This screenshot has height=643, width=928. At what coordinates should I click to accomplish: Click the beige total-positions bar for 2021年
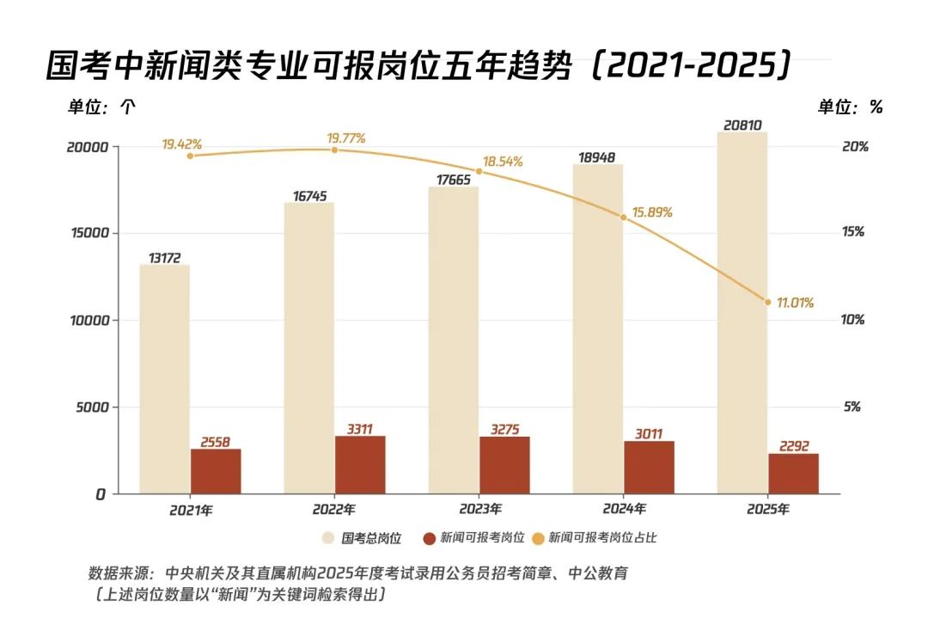tap(165, 378)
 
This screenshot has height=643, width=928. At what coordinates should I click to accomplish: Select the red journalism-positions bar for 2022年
tap(360, 464)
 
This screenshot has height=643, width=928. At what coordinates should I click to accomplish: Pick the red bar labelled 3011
tap(649, 467)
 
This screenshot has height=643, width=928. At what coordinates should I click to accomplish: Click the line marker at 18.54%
tap(479, 172)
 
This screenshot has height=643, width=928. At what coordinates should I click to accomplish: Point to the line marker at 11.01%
tap(768, 301)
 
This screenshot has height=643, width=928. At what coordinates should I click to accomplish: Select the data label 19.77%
tap(346, 138)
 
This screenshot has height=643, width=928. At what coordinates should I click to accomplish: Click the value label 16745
tap(309, 196)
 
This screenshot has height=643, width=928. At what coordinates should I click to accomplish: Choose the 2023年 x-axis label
tap(479, 510)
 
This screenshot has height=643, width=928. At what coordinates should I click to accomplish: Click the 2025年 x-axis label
tap(768, 510)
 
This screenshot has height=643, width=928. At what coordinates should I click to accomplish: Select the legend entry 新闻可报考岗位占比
tap(602, 538)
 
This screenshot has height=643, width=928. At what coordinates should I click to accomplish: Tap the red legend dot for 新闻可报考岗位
tap(430, 538)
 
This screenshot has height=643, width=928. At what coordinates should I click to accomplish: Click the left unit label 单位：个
tap(101, 107)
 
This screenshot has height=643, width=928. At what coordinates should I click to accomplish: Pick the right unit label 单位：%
tap(850, 107)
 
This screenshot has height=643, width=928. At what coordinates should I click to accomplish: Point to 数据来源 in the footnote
tap(119, 573)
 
